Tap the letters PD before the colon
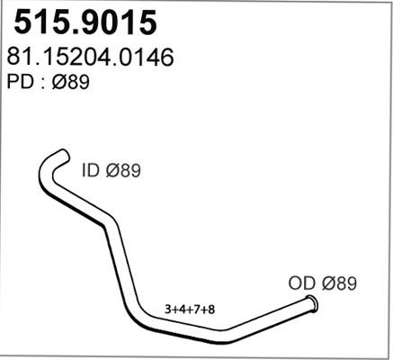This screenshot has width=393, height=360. pyautogui.click(x=18, y=83)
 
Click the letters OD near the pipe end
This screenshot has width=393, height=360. pyautogui.click(x=303, y=283)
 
